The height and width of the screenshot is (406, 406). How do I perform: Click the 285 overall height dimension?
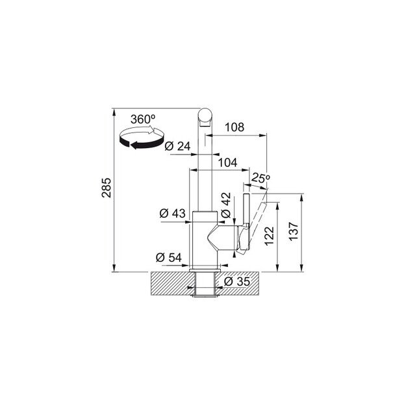tap(108, 188)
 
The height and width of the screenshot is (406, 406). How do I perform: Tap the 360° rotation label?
tap(142, 120)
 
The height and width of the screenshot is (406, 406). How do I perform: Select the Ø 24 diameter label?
tap(177, 146)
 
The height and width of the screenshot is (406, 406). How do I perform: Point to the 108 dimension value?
tap(234, 127)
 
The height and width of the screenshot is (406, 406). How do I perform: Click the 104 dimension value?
tap(225, 163)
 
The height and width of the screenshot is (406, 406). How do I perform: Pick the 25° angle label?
tap(260, 177)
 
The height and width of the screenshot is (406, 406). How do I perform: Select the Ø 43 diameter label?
tap(172, 213)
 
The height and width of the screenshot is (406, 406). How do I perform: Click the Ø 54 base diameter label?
tap(168, 257)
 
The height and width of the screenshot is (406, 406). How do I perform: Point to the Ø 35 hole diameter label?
tap(237, 281)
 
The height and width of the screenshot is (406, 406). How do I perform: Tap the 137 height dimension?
tap(293, 232)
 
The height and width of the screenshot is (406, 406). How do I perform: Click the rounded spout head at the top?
tap(204, 118)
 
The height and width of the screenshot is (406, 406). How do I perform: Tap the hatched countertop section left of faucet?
tap(171, 281)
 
